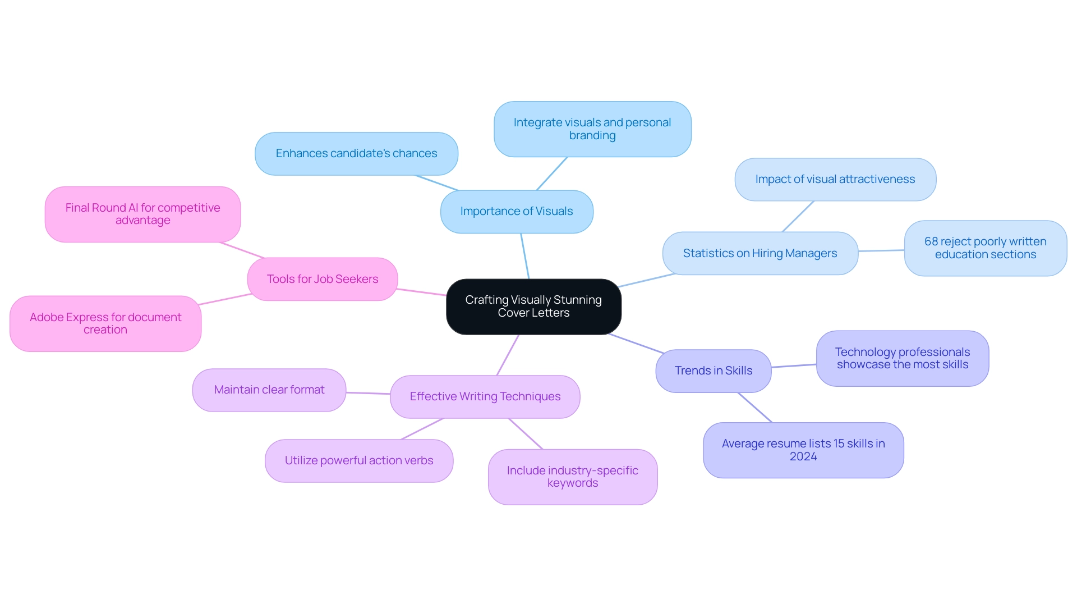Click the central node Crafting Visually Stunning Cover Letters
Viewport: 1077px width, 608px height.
click(533, 307)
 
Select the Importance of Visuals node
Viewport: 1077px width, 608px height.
click(517, 212)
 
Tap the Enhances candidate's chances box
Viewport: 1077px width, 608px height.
click(356, 154)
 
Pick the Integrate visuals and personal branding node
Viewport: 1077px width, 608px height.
click(592, 129)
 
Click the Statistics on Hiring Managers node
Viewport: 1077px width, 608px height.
click(760, 254)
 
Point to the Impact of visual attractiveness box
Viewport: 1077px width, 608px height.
click(835, 180)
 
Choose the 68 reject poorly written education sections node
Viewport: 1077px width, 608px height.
click(986, 248)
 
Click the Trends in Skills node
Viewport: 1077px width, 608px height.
click(714, 371)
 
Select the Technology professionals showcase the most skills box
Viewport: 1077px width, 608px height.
click(903, 358)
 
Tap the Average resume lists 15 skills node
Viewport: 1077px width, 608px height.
click(803, 444)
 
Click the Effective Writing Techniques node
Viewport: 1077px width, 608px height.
click(485, 397)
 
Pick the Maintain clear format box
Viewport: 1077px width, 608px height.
click(269, 390)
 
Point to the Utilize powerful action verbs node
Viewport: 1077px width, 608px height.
click(359, 461)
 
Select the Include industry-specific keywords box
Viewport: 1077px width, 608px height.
click(573, 477)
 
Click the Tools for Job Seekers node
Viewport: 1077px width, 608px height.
click(323, 280)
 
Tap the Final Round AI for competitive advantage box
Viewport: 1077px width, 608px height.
click(143, 214)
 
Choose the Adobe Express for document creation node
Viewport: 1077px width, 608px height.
click(105, 324)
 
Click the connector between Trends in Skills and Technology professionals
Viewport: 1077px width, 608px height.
click(794, 366)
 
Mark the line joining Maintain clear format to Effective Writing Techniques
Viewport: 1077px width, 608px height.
click(368, 394)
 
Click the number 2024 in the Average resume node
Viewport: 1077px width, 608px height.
click(803, 457)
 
